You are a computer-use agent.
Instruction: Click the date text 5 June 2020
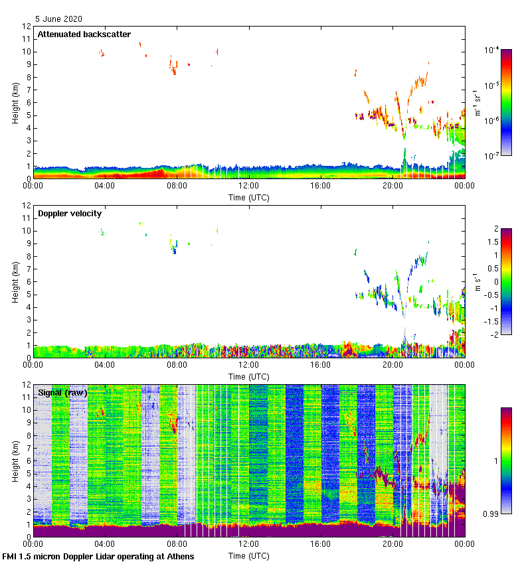59,19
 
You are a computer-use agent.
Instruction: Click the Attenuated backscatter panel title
84,35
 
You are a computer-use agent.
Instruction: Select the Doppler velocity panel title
70,214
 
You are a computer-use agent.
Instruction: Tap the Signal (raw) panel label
63,393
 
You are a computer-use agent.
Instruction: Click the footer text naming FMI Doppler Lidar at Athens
99,556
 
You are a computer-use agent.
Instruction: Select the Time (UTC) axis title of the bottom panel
249,555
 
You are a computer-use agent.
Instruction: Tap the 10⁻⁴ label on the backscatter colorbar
492,50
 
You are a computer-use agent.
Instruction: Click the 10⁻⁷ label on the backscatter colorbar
492,155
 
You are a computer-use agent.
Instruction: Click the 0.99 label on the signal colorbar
491,514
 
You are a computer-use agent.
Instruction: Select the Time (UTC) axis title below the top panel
249,197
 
